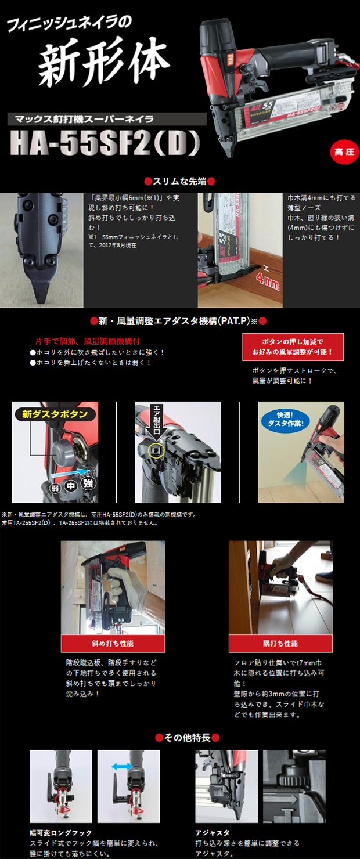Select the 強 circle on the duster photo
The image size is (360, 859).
[88, 482]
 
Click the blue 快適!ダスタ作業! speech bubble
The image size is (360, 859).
[286, 419]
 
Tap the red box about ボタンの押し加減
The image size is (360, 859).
[293, 347]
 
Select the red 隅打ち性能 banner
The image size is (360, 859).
[280, 644]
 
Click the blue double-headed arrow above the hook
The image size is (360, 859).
[122, 767]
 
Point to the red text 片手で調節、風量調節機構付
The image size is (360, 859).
[89, 342]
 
